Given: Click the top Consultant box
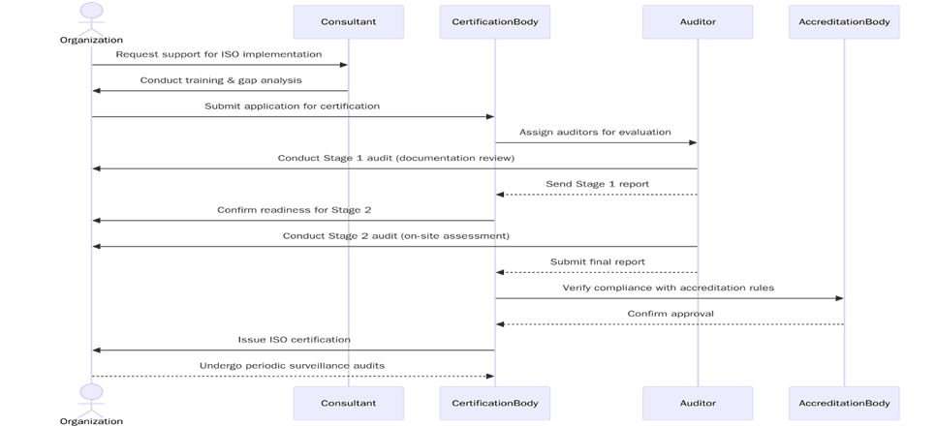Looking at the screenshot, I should pos(349,22).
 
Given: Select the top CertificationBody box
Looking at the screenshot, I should pos(494,22).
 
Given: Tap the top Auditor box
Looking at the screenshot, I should pos(698,22).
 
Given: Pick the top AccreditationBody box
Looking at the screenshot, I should pos(844,22).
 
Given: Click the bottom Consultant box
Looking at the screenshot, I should pos(349,403).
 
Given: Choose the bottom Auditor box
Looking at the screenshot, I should pos(698,403).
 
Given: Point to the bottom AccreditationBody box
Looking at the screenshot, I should pos(844,403).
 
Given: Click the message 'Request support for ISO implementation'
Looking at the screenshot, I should pos(219,54).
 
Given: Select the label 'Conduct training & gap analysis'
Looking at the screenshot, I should pos(221,80).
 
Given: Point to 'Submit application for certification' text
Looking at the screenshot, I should pos(292,106).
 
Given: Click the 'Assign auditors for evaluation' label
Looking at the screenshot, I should pos(595,132).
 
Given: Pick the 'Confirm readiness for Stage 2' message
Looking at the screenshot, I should pos(294,209).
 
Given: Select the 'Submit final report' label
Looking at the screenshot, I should pos(598,261).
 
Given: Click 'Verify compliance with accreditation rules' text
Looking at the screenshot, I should pos(669,288).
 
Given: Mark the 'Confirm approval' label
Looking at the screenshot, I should pos(671,314).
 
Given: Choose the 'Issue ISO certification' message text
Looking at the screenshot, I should pos(295,340).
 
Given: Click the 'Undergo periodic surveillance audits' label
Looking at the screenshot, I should pos(292,365).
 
